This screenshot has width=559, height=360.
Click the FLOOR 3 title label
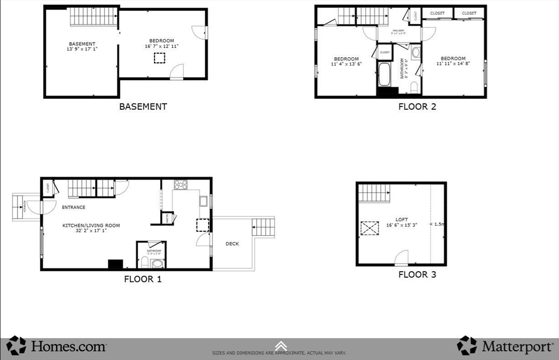(417, 274)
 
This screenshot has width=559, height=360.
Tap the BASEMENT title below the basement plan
(143, 106)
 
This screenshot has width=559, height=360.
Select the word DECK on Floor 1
(232, 244)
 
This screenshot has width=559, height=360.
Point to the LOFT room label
(402, 219)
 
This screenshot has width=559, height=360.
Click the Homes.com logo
(57, 346)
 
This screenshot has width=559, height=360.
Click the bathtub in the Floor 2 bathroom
(384, 75)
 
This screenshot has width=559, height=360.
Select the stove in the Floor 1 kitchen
(180, 184)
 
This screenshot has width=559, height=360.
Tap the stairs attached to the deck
(263, 226)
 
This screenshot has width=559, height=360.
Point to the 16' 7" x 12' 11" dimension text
(162, 46)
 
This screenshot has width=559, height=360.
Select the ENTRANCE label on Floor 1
(73, 207)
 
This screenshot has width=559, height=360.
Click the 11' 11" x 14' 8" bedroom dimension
(453, 64)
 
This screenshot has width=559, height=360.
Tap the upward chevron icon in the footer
(281, 345)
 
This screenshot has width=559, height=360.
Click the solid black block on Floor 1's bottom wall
(115, 265)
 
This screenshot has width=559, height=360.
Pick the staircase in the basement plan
(93, 17)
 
